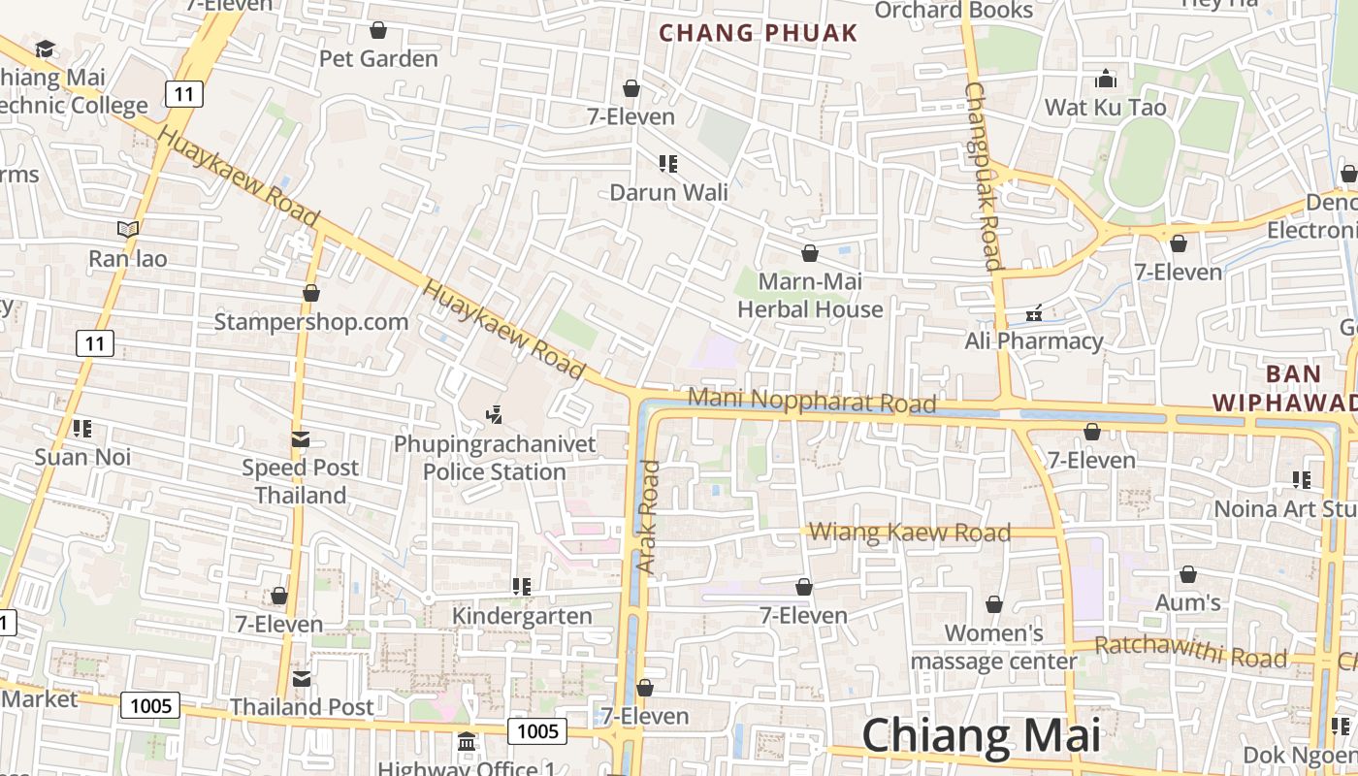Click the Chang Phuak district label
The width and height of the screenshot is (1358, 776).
tap(759, 33)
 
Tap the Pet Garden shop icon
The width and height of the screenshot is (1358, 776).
tap(378, 31)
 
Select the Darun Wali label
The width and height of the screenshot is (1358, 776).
tap(668, 192)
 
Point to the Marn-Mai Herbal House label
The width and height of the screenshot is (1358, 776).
tap(810, 296)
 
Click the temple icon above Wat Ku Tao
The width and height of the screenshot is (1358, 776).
tap(1105, 79)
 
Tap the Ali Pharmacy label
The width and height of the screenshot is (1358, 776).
tap(1034, 340)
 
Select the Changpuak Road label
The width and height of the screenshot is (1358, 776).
tap(982, 175)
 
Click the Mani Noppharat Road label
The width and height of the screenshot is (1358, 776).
tap(812, 400)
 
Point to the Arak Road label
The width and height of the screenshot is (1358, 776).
tap(648, 516)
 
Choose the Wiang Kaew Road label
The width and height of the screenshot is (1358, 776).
tap(910, 532)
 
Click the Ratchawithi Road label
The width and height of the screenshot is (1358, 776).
tap(1190, 652)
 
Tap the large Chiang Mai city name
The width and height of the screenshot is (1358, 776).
tap(981, 735)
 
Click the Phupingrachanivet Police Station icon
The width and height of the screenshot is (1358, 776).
tap(495, 415)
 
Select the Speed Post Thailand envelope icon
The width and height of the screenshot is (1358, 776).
tap(301, 439)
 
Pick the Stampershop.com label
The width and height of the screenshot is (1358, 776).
tap(310, 321)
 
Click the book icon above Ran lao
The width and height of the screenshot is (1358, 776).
tap(128, 230)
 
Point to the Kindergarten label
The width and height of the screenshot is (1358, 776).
tap(522, 616)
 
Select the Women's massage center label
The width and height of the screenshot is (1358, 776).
tap(994, 647)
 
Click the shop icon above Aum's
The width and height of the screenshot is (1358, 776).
tap(1187, 575)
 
